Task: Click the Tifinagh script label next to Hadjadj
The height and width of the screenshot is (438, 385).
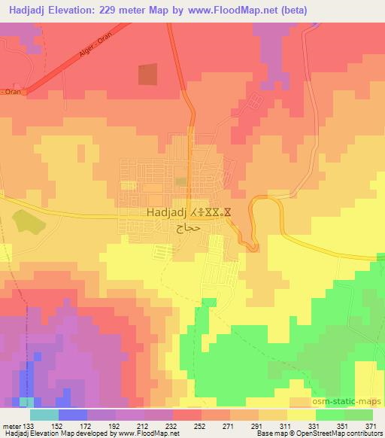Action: (206, 213)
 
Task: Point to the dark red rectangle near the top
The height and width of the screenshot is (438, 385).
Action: (148, 74)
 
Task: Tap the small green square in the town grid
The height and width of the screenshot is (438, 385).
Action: (181, 181)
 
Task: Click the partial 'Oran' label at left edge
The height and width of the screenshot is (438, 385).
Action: (11, 92)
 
